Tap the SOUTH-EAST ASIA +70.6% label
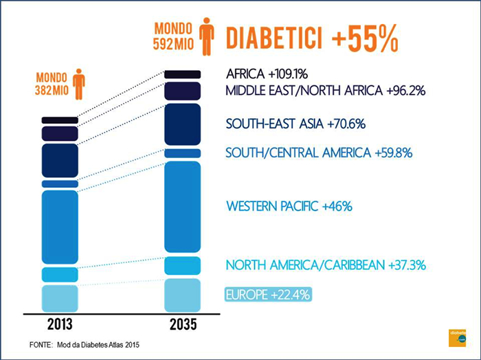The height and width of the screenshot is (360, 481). point(295,124)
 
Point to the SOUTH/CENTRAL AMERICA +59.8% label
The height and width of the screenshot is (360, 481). point(319,153)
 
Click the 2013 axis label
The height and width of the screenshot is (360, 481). point(60,324)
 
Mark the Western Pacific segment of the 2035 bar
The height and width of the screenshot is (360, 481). point(182,206)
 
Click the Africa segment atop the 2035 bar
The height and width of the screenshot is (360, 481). point(182,74)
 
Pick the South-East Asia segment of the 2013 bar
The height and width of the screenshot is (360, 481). point(60,160)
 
